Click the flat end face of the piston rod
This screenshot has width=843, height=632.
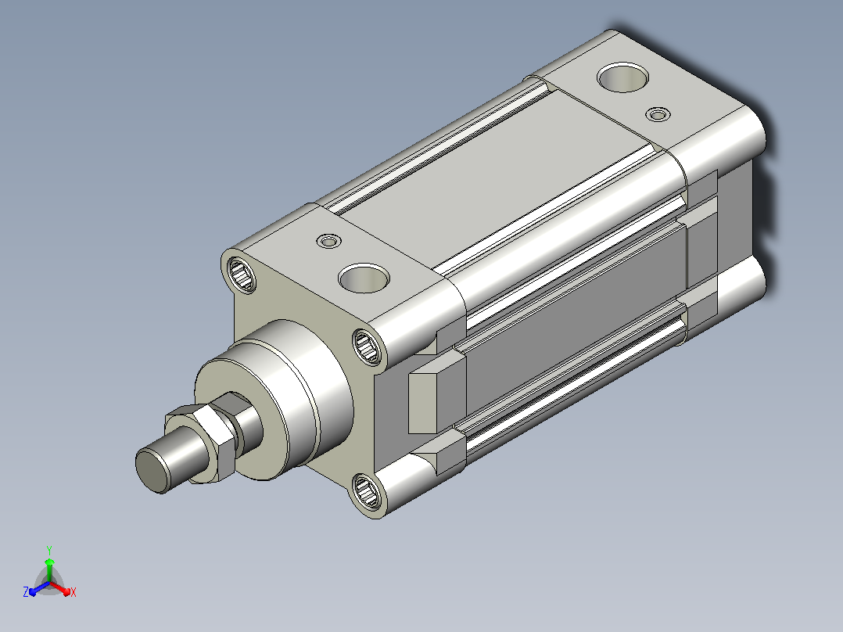(x=152, y=469)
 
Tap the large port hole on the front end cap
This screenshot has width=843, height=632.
(x=364, y=278)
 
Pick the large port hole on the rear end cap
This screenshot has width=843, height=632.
(x=622, y=77)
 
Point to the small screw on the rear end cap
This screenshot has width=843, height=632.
(x=658, y=114)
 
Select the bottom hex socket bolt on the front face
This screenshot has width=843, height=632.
(x=368, y=492)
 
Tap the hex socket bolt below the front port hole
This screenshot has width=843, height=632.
(x=368, y=347)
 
